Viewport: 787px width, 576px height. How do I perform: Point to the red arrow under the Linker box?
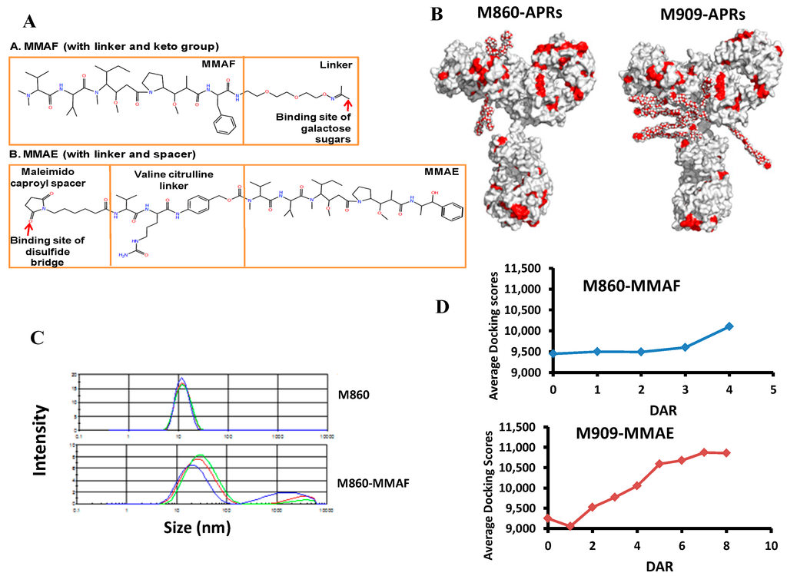349,93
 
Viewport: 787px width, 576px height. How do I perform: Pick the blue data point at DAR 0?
553,354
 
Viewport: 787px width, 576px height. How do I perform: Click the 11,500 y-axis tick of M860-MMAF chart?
522,269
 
